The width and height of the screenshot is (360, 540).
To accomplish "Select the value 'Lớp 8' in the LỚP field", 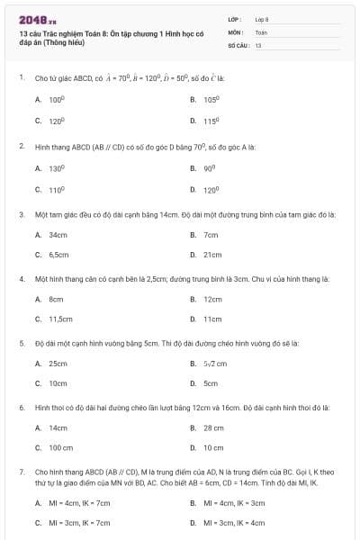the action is (x=262, y=18).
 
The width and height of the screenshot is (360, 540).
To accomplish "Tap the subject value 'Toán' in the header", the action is (x=261, y=31).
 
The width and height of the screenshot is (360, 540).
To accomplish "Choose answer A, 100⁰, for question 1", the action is (x=57, y=100).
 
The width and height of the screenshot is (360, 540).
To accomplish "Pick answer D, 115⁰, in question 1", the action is (x=211, y=121).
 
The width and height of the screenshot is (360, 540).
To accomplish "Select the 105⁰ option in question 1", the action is (x=211, y=100).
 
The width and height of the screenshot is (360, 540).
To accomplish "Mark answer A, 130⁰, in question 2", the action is (x=57, y=167).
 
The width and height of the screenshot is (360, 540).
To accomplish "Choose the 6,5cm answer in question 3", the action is (x=58, y=255).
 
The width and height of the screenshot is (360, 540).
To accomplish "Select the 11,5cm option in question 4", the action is (x=60, y=319).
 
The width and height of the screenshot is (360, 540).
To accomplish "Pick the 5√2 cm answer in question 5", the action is (x=215, y=364).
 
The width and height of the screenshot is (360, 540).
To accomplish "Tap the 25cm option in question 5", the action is (x=58, y=364).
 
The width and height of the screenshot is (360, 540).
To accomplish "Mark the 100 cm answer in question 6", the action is (x=60, y=447).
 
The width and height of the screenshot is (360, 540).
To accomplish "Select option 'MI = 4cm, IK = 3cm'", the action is (x=234, y=502).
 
